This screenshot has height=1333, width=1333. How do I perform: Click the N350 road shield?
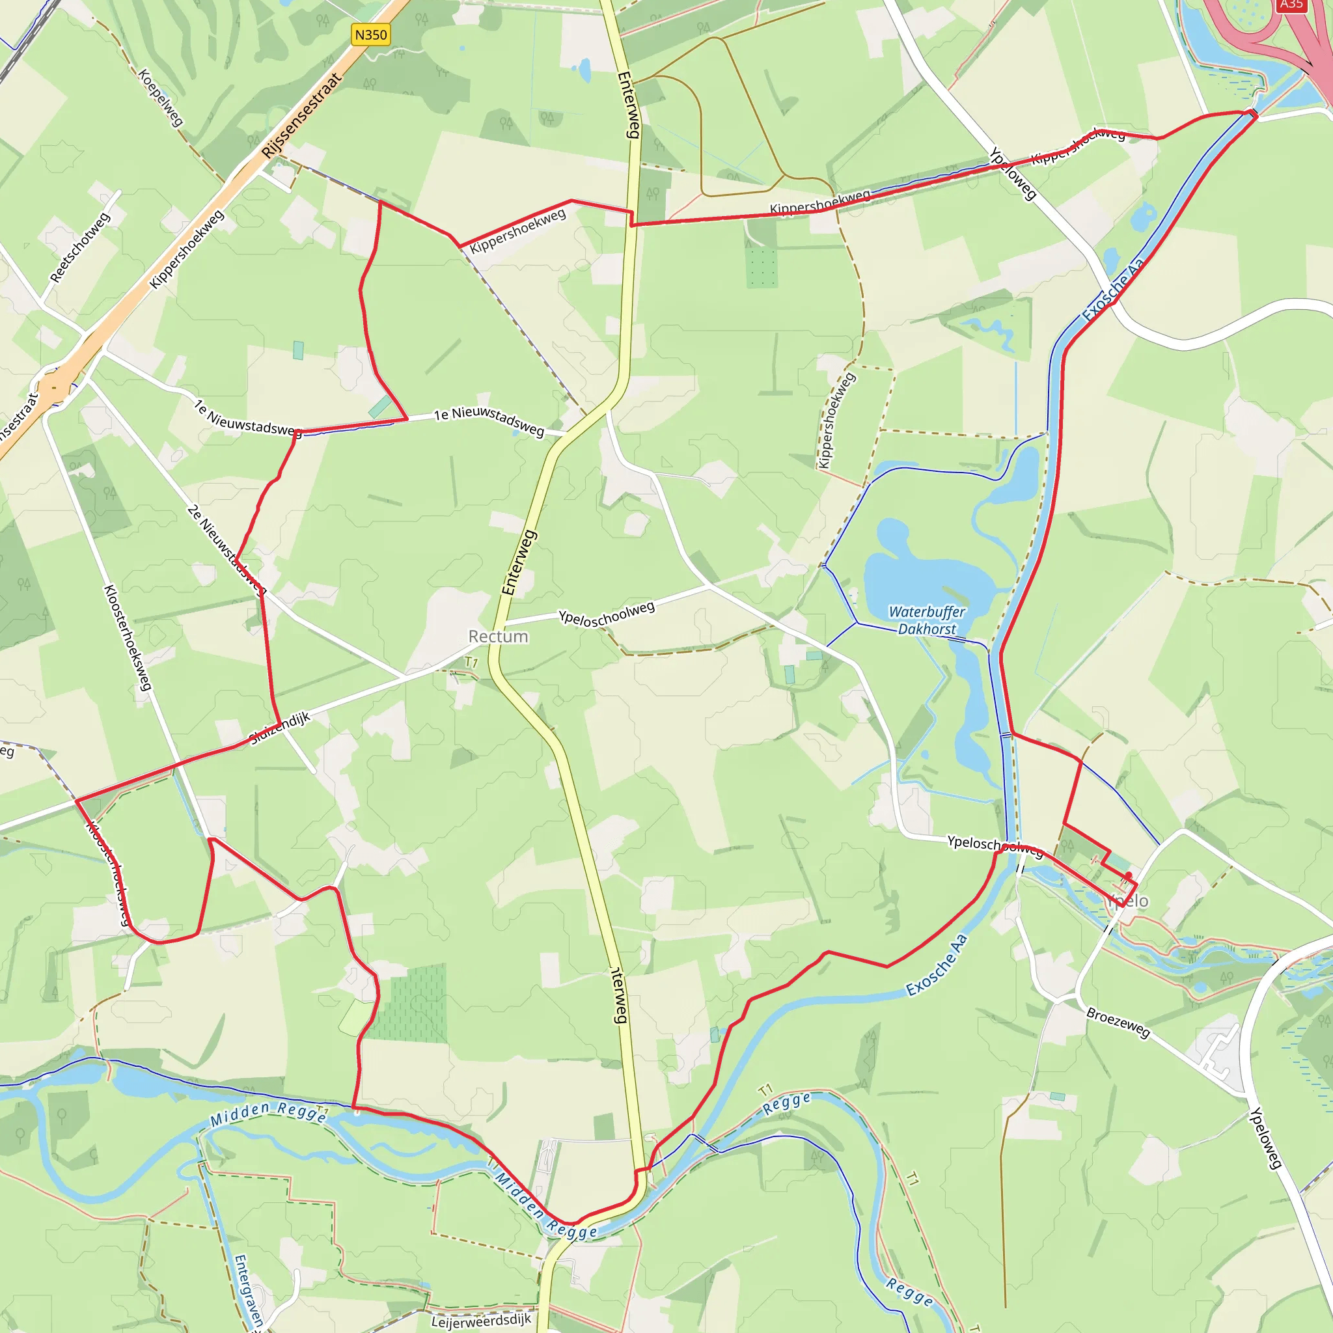tap(370, 34)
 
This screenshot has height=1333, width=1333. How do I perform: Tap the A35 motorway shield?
tap(1290, 5)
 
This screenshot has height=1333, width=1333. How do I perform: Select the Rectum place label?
tap(498, 636)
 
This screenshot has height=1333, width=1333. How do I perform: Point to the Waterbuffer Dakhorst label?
tap(927, 620)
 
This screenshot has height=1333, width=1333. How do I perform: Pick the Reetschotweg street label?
tap(80, 247)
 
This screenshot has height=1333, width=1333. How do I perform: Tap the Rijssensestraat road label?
tap(301, 116)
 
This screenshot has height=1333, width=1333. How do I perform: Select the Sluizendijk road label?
tap(279, 728)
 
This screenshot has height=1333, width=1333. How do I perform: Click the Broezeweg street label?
tap(1118, 1023)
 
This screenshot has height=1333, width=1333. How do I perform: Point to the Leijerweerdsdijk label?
tap(481, 1321)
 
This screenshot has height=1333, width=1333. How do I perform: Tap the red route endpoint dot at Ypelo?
tap(1129, 875)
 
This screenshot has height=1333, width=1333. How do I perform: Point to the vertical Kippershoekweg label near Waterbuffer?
tap(836, 420)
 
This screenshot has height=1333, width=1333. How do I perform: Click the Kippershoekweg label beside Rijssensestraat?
tap(187, 249)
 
